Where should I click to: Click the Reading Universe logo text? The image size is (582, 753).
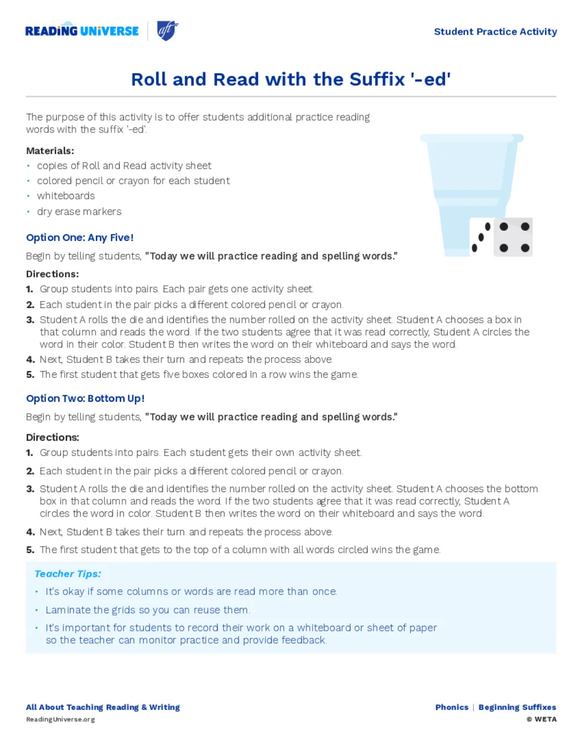[x=82, y=31]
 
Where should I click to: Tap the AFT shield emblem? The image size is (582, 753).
[x=167, y=30]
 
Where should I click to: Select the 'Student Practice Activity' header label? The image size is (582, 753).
[x=495, y=32]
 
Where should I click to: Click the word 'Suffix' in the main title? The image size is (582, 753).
[x=377, y=80]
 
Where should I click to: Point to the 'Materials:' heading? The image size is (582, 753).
[x=50, y=151]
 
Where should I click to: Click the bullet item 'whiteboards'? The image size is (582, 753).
[x=66, y=195]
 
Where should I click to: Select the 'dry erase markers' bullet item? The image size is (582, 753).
[x=79, y=211]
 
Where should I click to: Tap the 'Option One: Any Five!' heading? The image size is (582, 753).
[x=80, y=238]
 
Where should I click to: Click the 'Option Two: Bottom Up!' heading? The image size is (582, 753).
[x=85, y=398]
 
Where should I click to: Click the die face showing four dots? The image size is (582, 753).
[x=514, y=237]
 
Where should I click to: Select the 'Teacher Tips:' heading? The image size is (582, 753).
[x=68, y=574]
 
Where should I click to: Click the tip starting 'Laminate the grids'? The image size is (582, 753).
[x=148, y=610]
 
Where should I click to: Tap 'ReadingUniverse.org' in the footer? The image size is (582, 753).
[x=60, y=719]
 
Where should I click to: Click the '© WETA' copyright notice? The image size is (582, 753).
[x=542, y=719]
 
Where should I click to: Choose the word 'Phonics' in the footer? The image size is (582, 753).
[x=452, y=708]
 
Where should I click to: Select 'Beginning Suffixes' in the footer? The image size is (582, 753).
[x=517, y=708]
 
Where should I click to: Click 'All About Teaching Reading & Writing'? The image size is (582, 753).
[x=103, y=708]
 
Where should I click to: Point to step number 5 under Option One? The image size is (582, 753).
[x=30, y=375]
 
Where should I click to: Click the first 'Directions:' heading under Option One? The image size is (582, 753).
[x=52, y=274]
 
